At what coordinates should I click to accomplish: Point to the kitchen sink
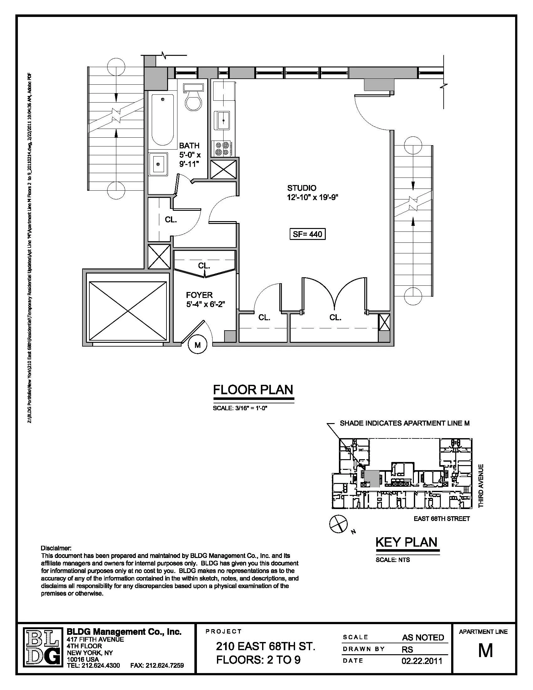coord(223,120)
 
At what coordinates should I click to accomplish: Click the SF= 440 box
coord(307,234)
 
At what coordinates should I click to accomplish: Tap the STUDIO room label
coord(302,188)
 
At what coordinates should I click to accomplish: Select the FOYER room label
coord(199,295)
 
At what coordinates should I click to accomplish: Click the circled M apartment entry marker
coord(197,345)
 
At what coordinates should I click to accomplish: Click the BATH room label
coord(189,146)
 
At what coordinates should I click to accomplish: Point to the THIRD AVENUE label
coord(481,486)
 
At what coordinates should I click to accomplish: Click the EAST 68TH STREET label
coord(441,519)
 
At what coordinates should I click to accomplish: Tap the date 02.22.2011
coord(423,661)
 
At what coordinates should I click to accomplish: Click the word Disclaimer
coord(56,548)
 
